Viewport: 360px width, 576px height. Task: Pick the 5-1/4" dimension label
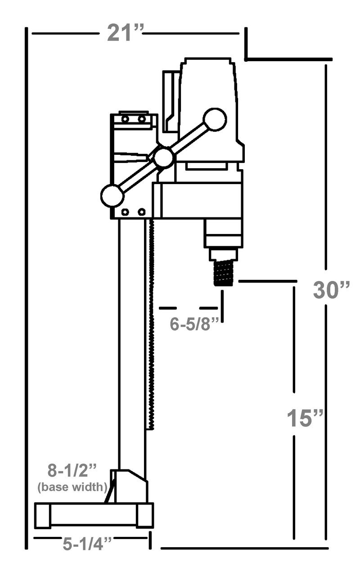tap(87, 544)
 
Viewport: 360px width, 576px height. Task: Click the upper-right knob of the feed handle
tap(215, 120)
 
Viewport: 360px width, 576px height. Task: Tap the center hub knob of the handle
tap(163, 157)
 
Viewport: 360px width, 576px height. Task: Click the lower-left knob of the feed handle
tap(112, 196)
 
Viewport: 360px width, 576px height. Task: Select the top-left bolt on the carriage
tap(125, 119)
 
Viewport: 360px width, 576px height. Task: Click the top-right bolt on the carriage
tap(142, 119)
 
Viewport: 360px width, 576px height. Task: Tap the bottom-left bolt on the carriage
tap(125, 212)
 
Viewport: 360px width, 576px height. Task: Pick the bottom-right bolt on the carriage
tap(142, 212)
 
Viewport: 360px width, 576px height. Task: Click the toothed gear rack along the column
tap(151, 324)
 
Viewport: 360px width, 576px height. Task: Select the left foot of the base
tap(43, 516)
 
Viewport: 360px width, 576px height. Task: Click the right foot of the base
tap(145, 516)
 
